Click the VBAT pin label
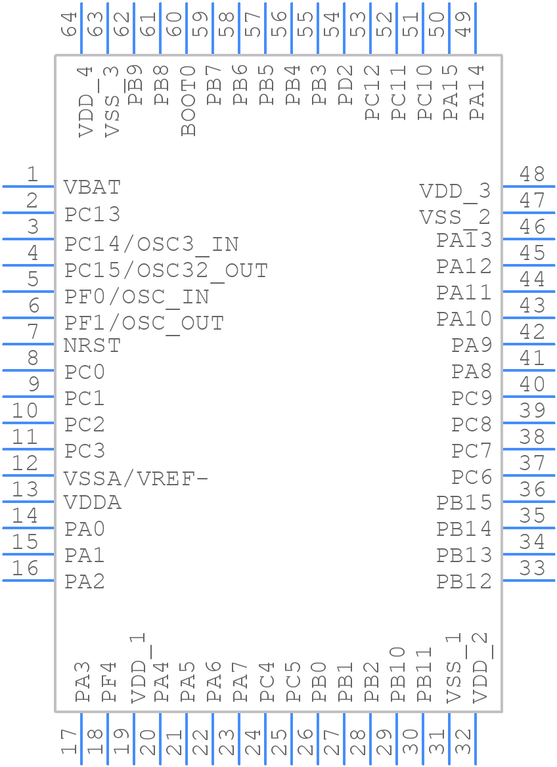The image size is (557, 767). coord(93,187)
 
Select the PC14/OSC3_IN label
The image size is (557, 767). coord(152,244)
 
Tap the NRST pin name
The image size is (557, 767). coord(93,345)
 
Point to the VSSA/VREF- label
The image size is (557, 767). coord(136,478)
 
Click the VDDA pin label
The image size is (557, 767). coord(93,503)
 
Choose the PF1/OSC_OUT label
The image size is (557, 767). coord(145,323)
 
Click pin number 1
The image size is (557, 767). coord(32,174)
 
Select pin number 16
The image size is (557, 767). coord(25,568)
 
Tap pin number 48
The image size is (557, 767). coord(532,174)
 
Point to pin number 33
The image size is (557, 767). coord(532,568)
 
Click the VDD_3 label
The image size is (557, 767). coord(455,191)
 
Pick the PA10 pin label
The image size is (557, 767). coord(464,319)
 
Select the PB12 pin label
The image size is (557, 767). coord(464,581)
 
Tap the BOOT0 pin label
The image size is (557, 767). coord(189,100)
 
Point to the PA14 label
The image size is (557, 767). coord(478,92)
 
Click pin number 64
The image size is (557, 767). coord(70,24)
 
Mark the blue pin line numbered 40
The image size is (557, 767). coord(528,397)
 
